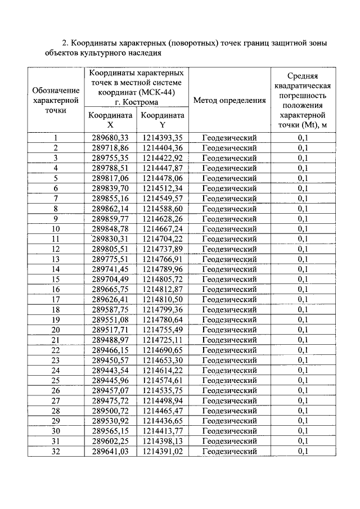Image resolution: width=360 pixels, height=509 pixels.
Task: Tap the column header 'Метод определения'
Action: tap(229, 101)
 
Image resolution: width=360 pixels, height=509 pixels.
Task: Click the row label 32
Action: tap(56, 451)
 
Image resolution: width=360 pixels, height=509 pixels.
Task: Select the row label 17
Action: tap(56, 299)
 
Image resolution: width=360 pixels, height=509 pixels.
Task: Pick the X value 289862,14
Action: tap(110, 208)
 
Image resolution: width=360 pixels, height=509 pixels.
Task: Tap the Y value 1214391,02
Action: tap(162, 451)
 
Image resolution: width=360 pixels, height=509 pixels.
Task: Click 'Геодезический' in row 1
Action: tap(229, 138)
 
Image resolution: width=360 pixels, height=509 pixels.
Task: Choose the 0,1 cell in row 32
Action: tap(303, 451)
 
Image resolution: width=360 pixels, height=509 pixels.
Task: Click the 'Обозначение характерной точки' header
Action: tap(56, 100)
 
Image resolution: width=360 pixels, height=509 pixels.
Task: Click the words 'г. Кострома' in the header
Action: tap(136, 102)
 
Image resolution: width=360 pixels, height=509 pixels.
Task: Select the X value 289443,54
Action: tap(110, 370)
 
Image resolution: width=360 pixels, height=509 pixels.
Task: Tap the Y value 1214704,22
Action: tap(162, 238)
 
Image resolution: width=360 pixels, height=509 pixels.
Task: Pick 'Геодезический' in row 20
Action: tap(229, 330)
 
